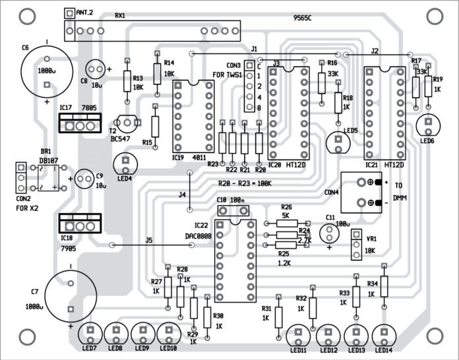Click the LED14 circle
(x=383, y=335)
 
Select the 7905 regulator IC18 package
(x=78, y=224)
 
